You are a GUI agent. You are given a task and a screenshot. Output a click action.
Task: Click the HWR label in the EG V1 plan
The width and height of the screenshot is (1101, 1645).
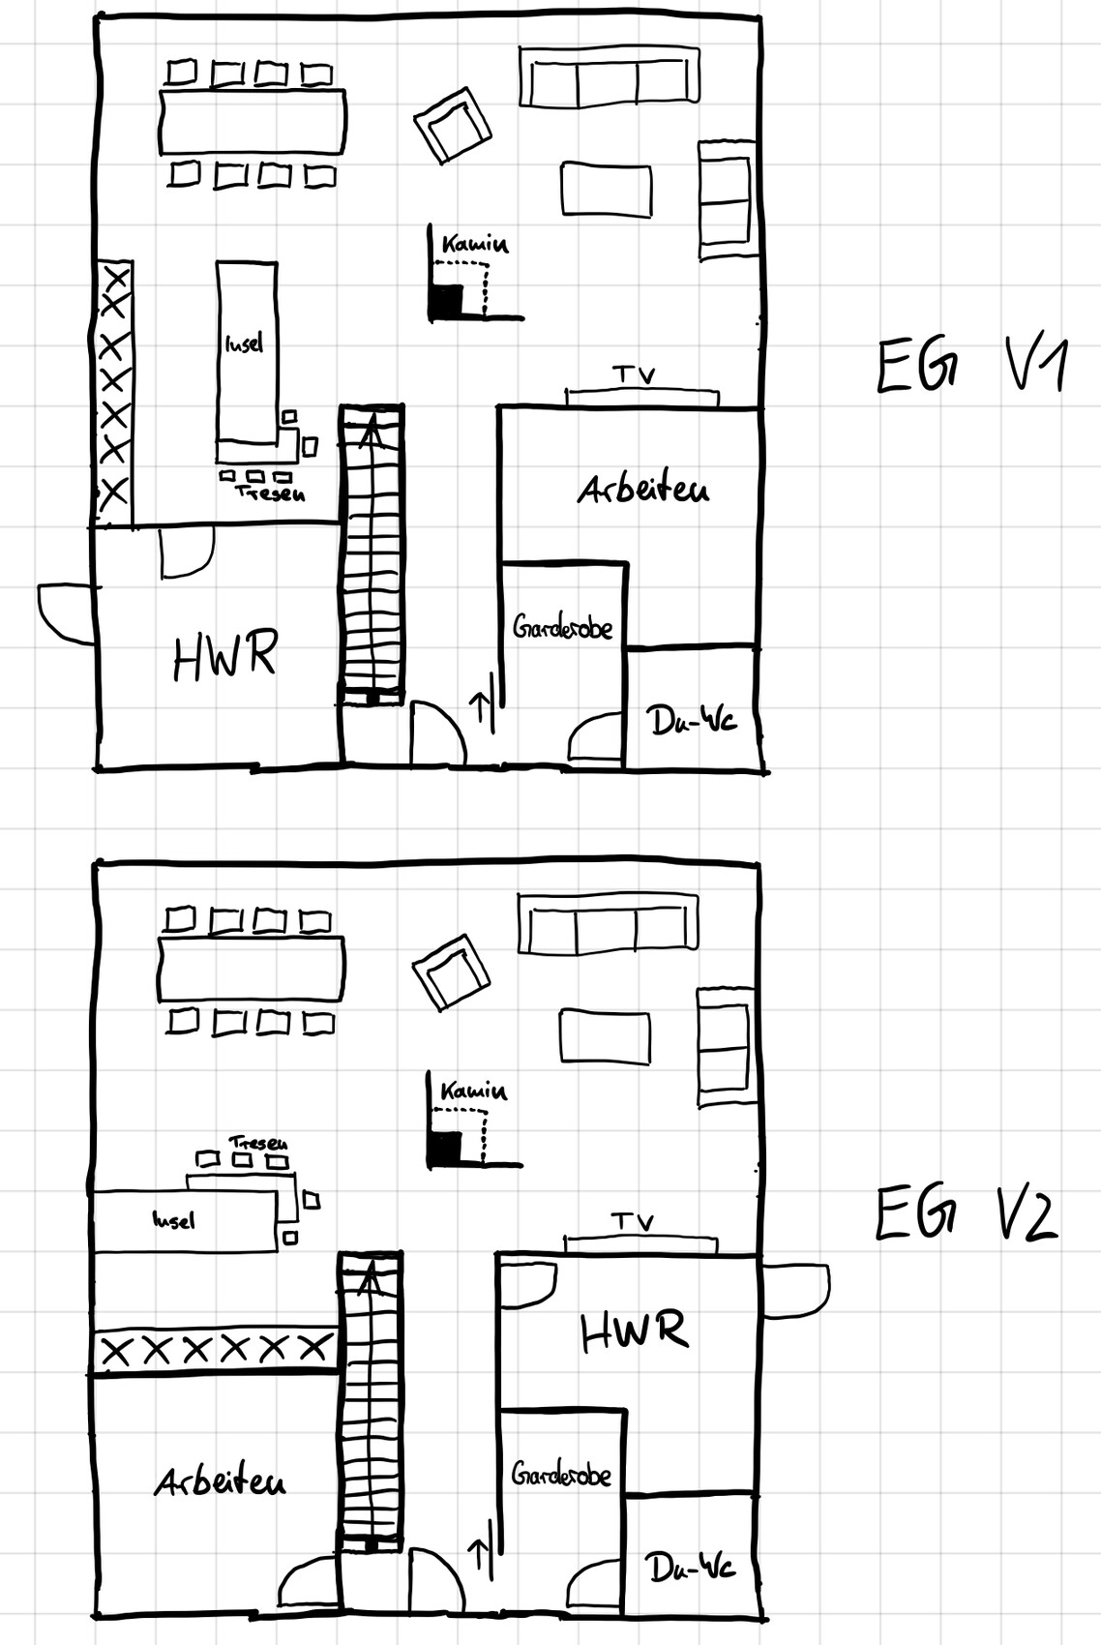coord(224,656)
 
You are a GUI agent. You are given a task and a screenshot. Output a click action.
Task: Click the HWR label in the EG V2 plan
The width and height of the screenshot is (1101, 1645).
coord(635,1330)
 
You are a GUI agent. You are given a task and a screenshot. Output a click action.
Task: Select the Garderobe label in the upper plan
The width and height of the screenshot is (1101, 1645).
coord(563,628)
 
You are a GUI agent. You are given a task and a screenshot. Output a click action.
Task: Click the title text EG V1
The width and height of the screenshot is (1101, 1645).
coord(970,365)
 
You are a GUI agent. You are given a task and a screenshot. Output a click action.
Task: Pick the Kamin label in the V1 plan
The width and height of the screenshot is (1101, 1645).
coord(474,245)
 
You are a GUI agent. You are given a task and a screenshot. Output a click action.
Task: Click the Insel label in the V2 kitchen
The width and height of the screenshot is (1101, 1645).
coord(174,1220)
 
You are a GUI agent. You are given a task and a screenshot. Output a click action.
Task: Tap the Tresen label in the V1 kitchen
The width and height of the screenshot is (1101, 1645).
coord(270,493)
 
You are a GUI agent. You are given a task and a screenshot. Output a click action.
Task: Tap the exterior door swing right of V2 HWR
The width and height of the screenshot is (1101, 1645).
coord(796,1290)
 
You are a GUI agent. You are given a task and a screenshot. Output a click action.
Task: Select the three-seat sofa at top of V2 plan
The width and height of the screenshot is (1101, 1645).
coord(608,923)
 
